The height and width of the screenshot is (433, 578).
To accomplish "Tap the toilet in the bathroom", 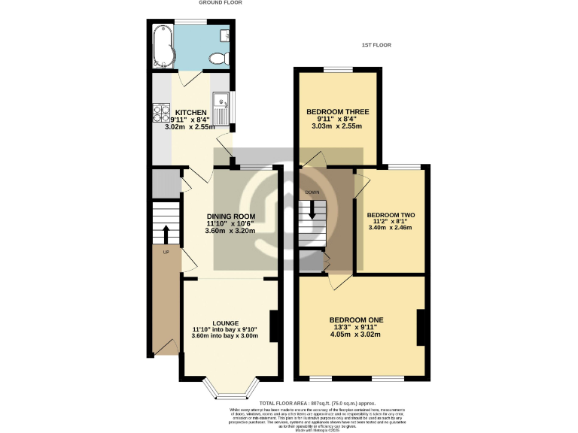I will pos(218,57).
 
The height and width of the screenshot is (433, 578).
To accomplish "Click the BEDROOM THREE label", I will pos(337,112).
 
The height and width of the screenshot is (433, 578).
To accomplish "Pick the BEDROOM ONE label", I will pos(356,319).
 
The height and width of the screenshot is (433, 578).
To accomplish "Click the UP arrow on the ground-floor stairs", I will pos(166,234).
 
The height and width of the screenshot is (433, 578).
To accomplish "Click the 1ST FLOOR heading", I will pos(376,45).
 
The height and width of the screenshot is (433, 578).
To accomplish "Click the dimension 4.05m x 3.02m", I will pos(356,335).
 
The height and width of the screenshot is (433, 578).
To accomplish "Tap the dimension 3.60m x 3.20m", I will pos(230,231).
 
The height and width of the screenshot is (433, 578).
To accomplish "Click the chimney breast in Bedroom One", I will pos(422,328).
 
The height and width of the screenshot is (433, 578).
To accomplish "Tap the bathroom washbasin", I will pos(226,34).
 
